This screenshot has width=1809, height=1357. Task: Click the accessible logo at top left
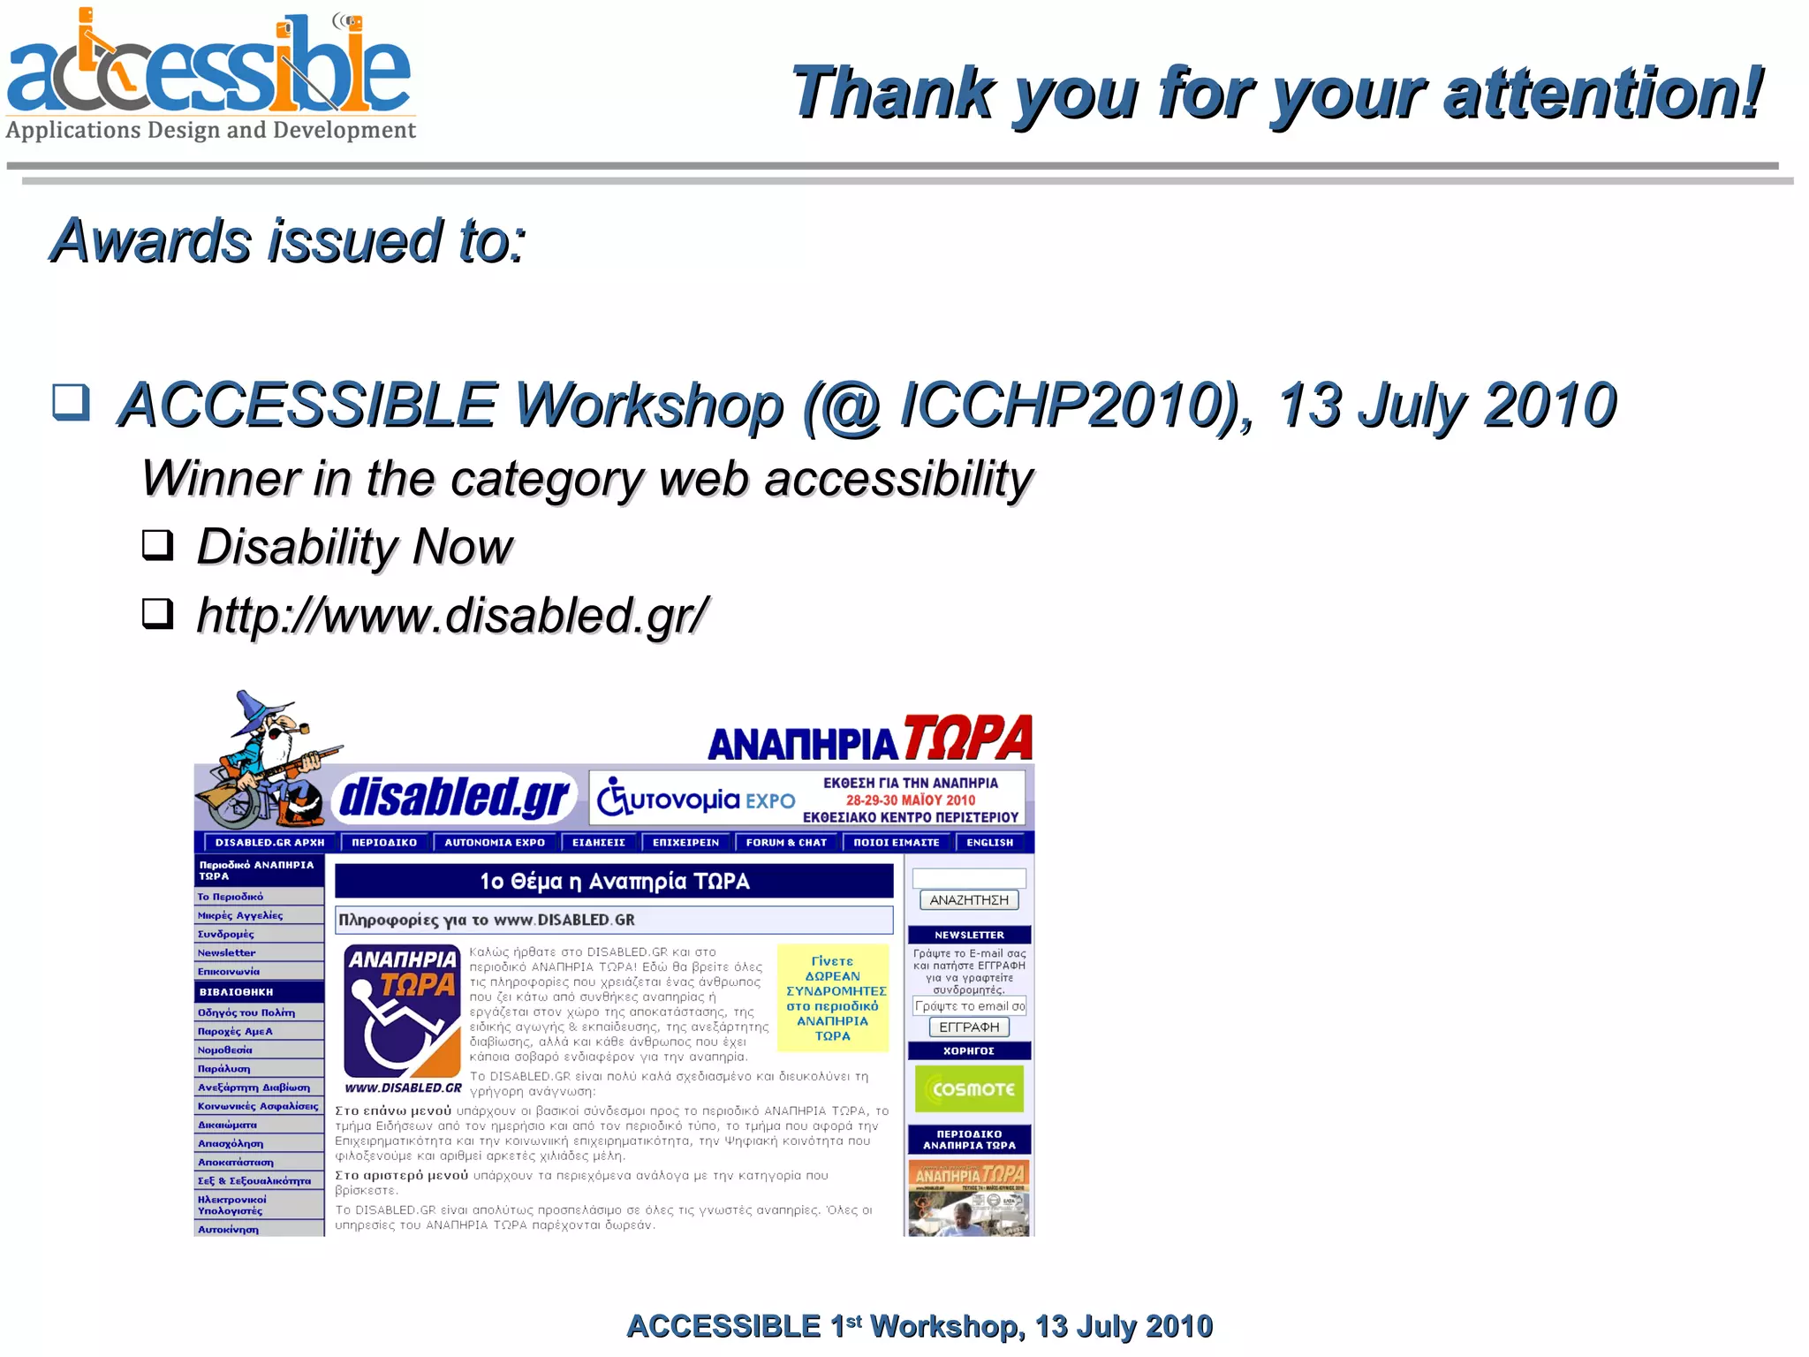pos(210,75)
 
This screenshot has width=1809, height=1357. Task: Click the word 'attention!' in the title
pos(1602,94)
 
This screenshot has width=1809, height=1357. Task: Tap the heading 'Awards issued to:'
pos(288,241)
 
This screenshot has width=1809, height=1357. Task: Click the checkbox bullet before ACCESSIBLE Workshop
pos(72,402)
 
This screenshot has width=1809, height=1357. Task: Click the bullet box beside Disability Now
pos(158,544)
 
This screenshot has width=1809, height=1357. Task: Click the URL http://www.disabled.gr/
pos(452,615)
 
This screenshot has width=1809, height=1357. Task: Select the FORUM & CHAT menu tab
pos(786,842)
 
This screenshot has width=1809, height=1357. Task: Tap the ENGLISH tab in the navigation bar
pos(989,842)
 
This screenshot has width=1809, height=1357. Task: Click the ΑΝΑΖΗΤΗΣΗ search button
pos(969,900)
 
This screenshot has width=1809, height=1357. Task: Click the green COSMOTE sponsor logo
pos(969,1088)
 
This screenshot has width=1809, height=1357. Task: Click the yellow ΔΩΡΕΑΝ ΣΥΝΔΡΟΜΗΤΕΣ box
pos(832,998)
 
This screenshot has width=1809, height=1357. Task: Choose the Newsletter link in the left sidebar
pos(227,952)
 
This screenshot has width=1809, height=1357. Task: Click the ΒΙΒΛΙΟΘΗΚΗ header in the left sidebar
pos(236,991)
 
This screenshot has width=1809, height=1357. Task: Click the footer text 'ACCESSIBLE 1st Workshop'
pos(825,1326)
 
